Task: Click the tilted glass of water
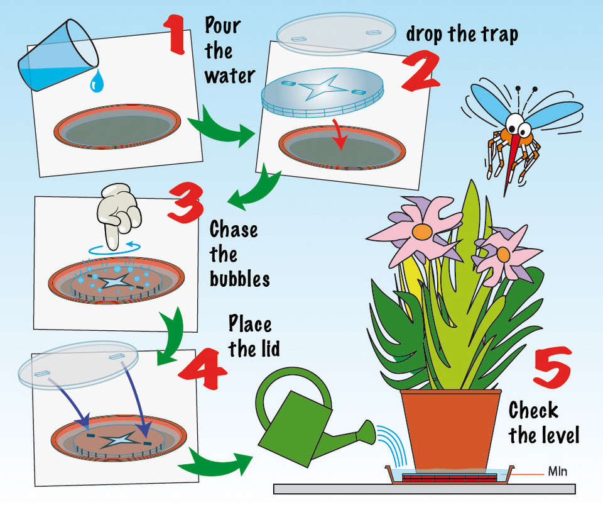pyautogui.click(x=57, y=54)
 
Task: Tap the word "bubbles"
pyautogui.click(x=239, y=278)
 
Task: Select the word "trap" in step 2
pyautogui.click(x=496, y=35)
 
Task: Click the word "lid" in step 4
pyautogui.click(x=263, y=349)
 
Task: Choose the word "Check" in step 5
pyautogui.click(x=533, y=411)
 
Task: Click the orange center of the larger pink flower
pyautogui.click(x=422, y=232)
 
